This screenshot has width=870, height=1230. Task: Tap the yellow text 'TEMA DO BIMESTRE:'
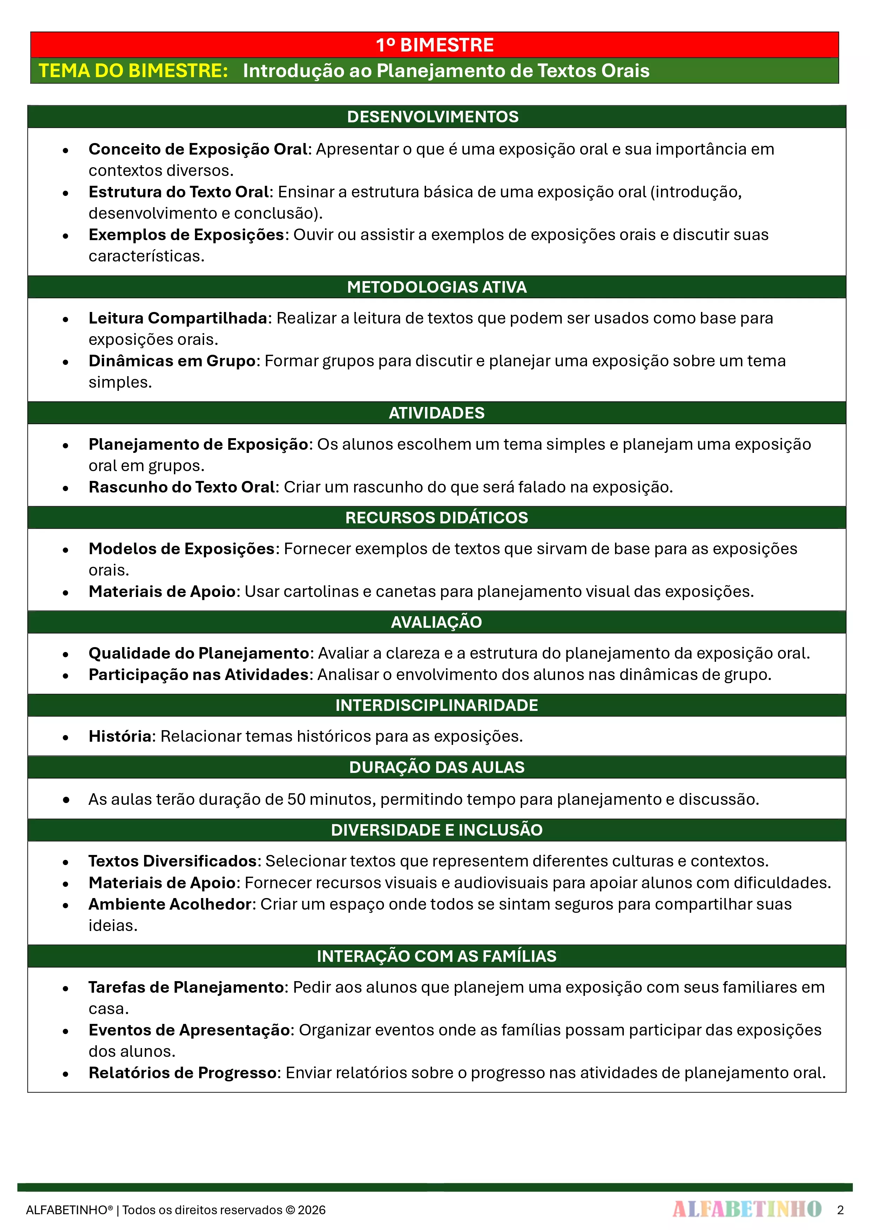pyautogui.click(x=134, y=71)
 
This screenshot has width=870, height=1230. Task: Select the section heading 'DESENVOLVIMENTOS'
pyautogui.click(x=433, y=117)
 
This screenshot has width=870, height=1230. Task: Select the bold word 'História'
pyautogui.click(x=120, y=736)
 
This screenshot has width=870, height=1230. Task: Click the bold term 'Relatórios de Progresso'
pyautogui.click(x=182, y=1073)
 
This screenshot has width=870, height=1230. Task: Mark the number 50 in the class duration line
pyautogui.click(x=296, y=799)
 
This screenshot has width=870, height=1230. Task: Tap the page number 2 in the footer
pyautogui.click(x=840, y=1210)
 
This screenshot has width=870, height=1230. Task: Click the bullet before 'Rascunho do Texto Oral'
pyautogui.click(x=65, y=488)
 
